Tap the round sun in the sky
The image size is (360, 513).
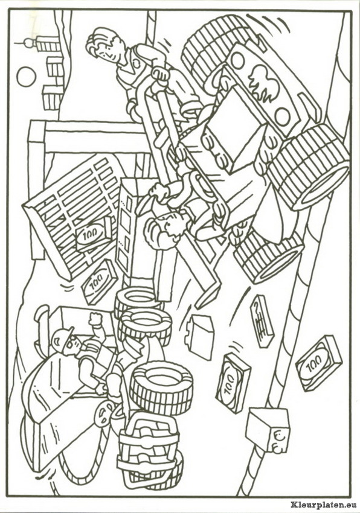[26, 77]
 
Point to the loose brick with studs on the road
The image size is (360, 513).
[199, 337]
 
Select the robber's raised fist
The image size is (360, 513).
[96, 319]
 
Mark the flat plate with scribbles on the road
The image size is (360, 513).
[262, 321]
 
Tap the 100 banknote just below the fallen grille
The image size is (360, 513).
[99, 281]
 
